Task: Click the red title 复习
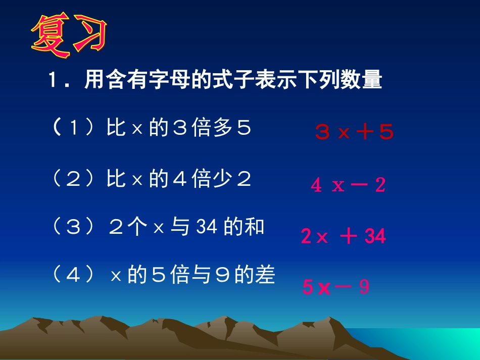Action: [x=69, y=36]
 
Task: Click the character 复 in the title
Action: [x=51, y=36]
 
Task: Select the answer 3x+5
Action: [x=354, y=132]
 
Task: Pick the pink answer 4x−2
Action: [x=348, y=185]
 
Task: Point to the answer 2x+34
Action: [x=343, y=236]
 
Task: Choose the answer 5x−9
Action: [x=336, y=287]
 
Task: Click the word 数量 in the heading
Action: [x=362, y=81]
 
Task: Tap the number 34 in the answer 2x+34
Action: [x=374, y=236]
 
